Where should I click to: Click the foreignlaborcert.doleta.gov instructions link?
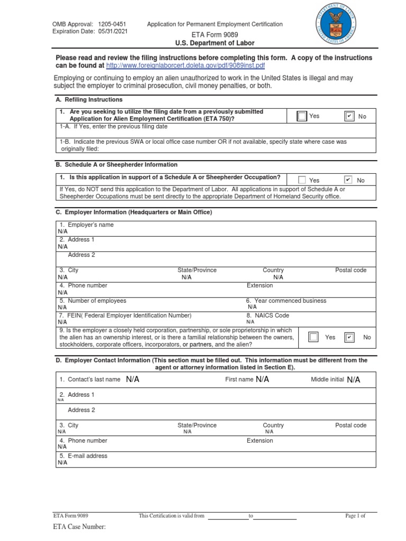pos(185,66)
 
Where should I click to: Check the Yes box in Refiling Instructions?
pos(302,116)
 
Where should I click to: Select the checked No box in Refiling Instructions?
pos(348,116)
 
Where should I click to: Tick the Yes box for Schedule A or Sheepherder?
pos(302,180)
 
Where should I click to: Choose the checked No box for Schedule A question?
pos(348,180)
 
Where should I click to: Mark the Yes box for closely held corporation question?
pos(313,337)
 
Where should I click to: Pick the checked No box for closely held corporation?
pos(349,337)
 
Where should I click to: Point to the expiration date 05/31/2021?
pos(113,31)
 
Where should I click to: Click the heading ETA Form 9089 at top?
pos(215,34)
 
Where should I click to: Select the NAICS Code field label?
pos(267,315)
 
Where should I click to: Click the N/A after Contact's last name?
pos(133,379)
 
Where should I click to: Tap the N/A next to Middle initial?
pos(354,380)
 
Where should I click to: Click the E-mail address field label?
pos(83,456)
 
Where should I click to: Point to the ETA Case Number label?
pos(79,527)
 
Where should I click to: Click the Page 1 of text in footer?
pos(355,516)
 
